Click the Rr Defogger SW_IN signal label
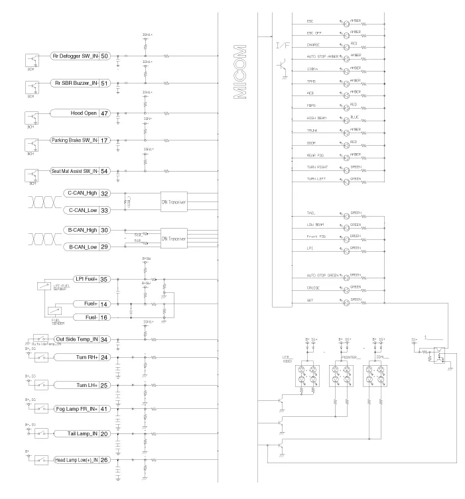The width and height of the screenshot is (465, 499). tap(74, 56)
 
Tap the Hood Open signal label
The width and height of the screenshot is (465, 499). tap(74, 114)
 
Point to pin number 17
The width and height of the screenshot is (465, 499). tap(105, 140)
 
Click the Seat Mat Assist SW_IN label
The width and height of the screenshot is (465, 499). tap(74, 171)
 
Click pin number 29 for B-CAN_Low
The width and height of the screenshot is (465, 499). tap(105, 247)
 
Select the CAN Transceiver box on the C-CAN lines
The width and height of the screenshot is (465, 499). tap(174, 201)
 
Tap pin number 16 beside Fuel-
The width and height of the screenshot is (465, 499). tap(105, 317)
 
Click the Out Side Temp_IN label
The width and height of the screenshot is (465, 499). tap(76, 340)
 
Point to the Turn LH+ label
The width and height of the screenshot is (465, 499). tap(86, 385)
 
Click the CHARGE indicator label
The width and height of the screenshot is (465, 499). tap(314, 44)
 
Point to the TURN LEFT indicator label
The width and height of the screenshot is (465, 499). tap(316, 180)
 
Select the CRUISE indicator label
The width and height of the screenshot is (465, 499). tap(314, 287)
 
